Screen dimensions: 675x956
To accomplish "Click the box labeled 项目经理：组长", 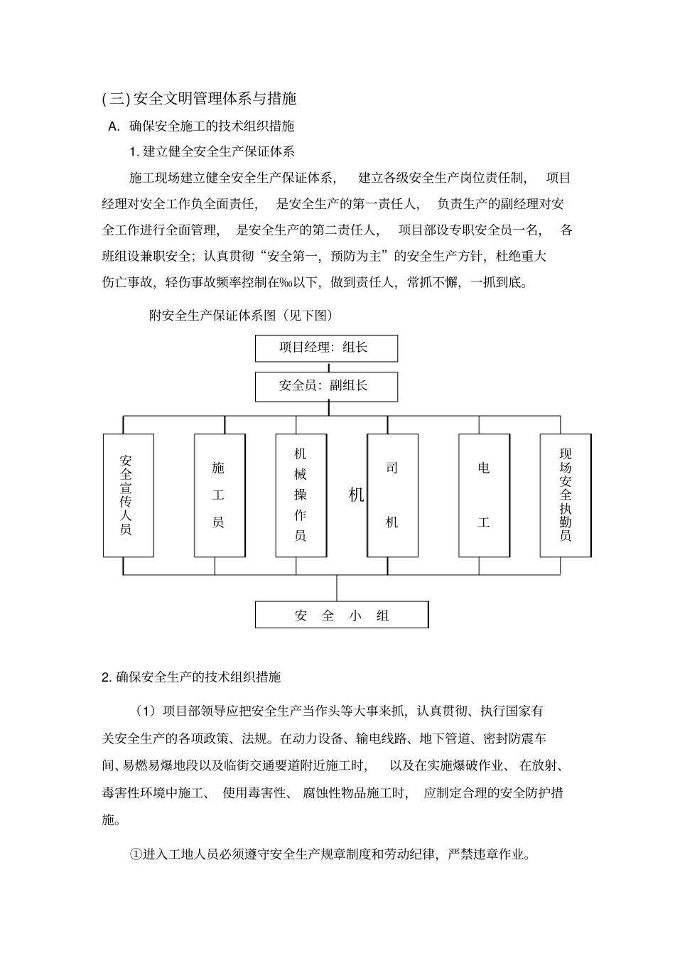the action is [326, 348].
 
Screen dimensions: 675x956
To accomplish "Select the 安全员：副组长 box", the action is [326, 386].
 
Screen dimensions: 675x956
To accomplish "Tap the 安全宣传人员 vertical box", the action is [128, 495].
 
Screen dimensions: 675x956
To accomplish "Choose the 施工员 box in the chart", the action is [219, 495].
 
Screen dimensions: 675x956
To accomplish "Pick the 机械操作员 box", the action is [301, 495].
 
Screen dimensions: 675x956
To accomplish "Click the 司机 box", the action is [392, 495].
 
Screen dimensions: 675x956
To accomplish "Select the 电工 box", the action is [484, 495].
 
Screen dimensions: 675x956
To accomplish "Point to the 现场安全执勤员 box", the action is [566, 495].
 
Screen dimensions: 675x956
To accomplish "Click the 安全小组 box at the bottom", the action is [342, 615].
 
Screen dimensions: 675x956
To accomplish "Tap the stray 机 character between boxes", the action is [356, 495].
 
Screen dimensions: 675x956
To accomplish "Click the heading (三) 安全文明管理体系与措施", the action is [200, 98].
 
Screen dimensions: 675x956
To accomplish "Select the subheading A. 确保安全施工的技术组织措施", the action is [201, 127].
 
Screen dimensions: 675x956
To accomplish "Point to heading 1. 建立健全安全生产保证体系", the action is [212, 151].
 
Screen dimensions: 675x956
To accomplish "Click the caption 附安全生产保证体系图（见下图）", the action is [241, 315].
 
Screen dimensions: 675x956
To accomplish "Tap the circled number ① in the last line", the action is [136, 854].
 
